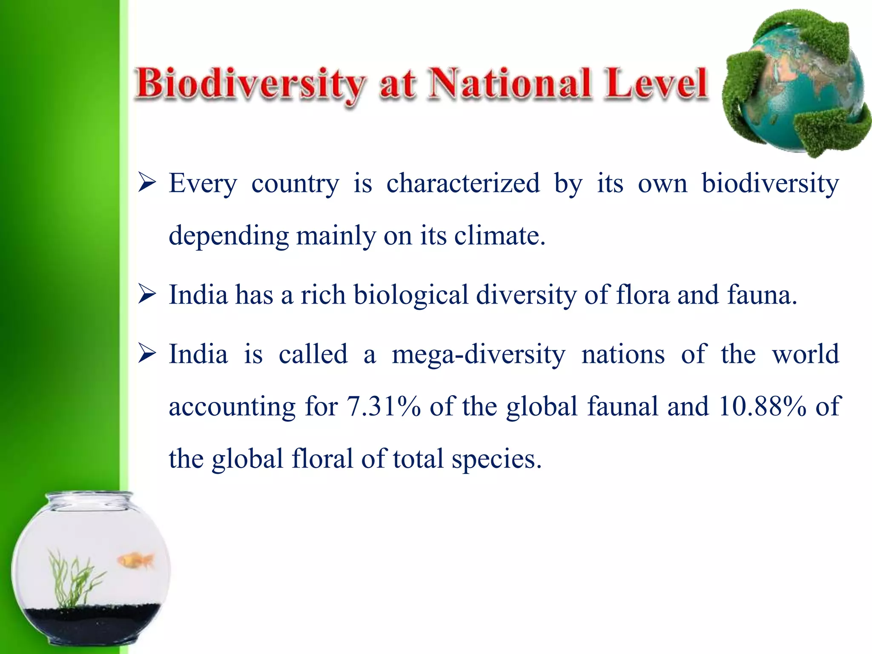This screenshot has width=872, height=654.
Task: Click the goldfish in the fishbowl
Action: (135, 560)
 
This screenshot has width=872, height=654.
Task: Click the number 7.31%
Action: (383, 406)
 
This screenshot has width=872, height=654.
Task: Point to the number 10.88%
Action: (762, 406)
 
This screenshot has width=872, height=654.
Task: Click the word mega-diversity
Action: (478, 354)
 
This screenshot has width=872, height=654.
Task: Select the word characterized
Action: (463, 184)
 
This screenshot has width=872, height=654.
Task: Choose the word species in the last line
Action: (496, 459)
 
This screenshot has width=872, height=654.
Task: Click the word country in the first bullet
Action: (295, 184)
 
